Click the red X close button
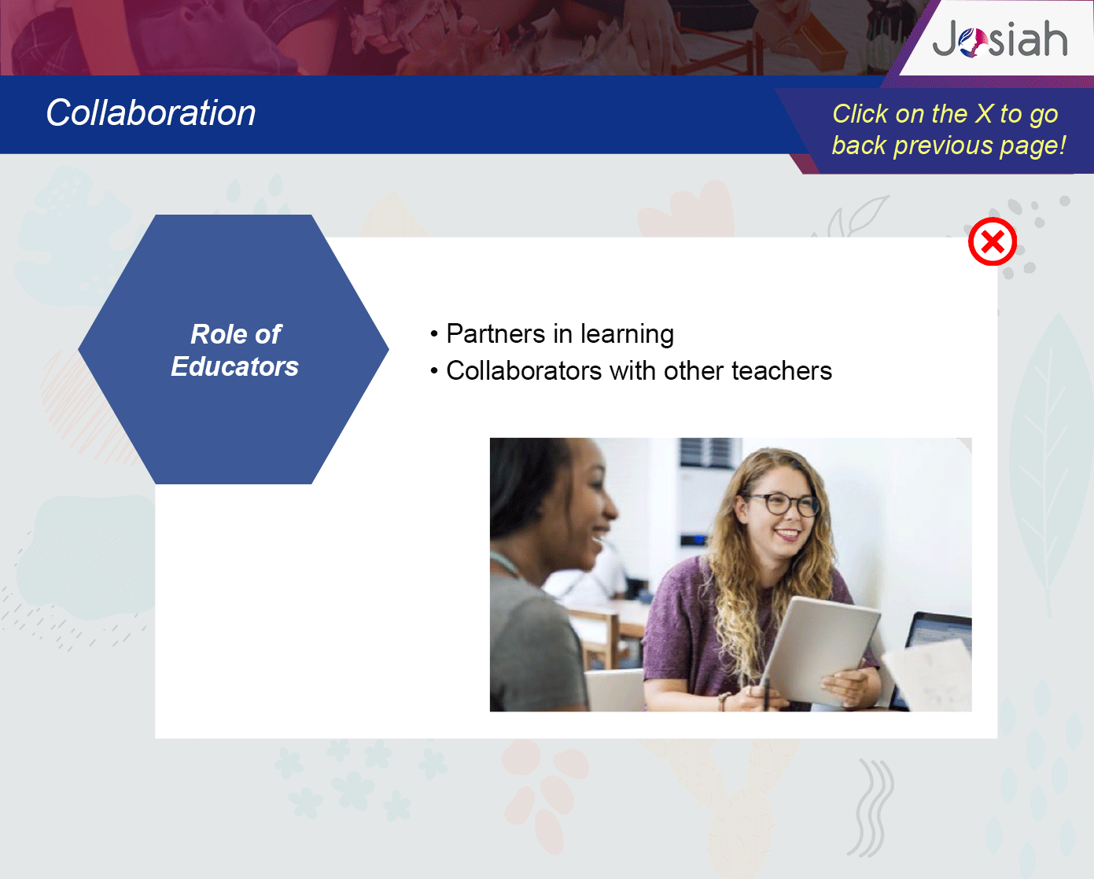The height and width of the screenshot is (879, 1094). (x=993, y=241)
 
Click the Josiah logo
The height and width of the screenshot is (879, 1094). (x=1000, y=39)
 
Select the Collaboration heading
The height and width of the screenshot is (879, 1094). (x=151, y=112)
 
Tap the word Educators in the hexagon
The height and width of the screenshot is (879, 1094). (x=235, y=366)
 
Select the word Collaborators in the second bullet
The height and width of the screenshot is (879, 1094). (x=524, y=370)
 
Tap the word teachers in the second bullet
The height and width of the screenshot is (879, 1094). (x=782, y=370)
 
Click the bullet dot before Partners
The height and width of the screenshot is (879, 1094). (x=433, y=334)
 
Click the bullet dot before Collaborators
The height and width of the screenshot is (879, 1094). (x=433, y=371)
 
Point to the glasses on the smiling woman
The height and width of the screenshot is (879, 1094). (x=782, y=504)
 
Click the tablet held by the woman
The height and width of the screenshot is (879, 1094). (x=820, y=653)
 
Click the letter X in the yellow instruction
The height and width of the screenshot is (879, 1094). (x=984, y=113)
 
